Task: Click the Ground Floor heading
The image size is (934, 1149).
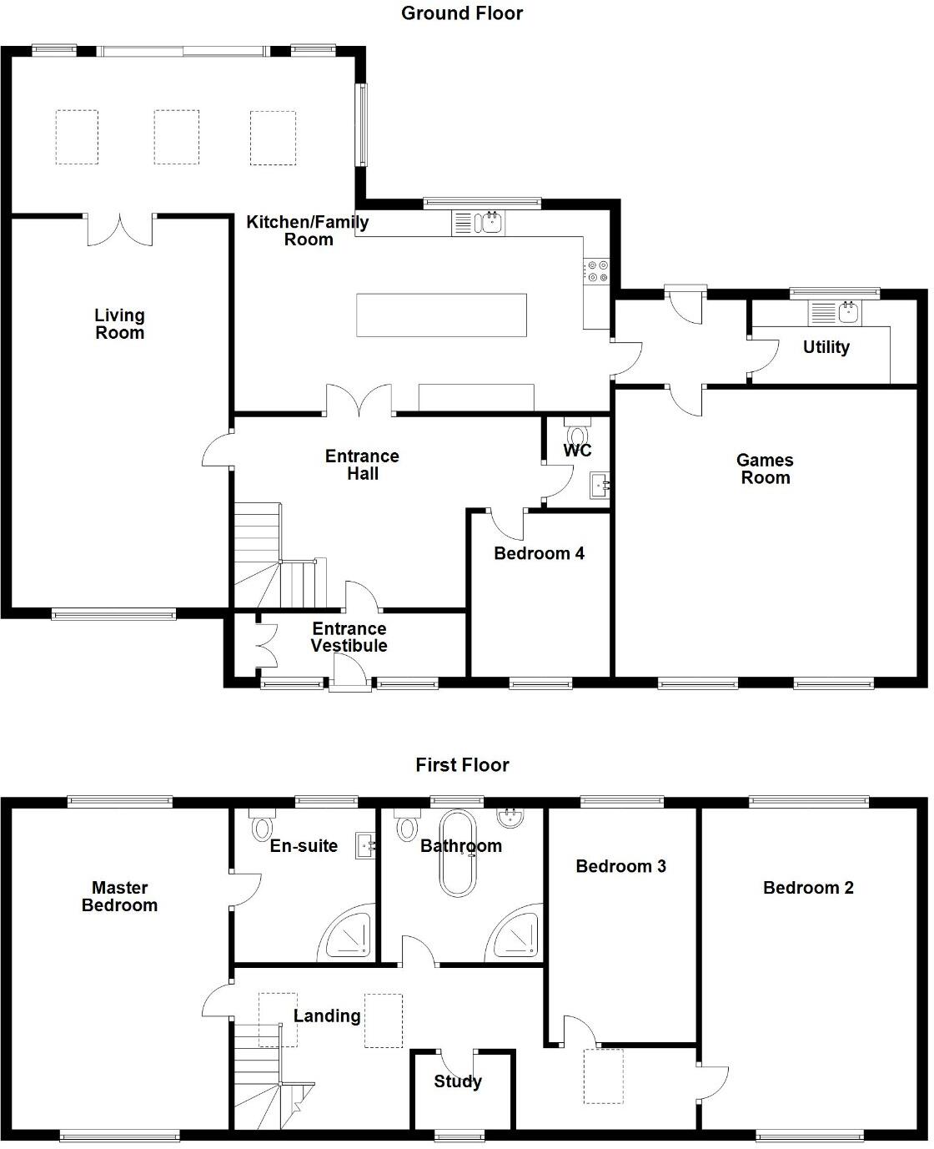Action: tap(462, 13)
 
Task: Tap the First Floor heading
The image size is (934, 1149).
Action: tap(462, 765)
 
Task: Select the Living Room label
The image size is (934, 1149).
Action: tap(119, 324)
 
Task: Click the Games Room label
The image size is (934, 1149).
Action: tap(765, 469)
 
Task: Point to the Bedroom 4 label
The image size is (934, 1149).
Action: tap(539, 553)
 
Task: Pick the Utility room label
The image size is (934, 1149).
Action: tap(826, 347)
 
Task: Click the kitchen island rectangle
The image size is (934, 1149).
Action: tap(441, 315)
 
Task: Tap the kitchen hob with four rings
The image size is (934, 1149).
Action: tap(597, 270)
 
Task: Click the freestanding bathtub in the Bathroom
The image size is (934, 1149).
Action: tap(457, 853)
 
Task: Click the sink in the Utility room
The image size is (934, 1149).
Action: tap(848, 313)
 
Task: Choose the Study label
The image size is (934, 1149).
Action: tap(458, 1081)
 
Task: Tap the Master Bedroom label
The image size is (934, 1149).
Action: tap(119, 896)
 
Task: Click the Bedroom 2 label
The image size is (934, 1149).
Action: tap(808, 888)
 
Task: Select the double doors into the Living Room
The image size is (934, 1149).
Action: tap(121, 230)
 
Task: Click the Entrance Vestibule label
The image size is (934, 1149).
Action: tap(349, 637)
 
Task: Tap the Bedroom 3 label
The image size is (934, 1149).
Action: tap(620, 866)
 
